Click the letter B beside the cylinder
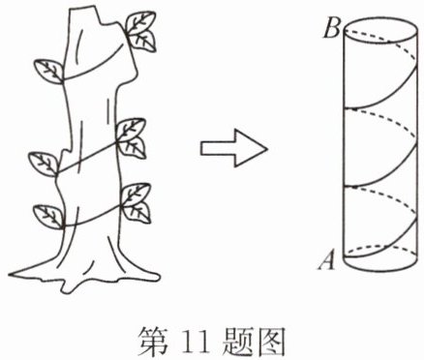point(332,29)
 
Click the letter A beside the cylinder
point(327,260)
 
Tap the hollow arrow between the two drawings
point(234,148)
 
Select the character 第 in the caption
point(154,342)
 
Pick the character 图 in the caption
point(271,342)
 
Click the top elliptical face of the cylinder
point(379,30)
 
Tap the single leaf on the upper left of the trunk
point(49,71)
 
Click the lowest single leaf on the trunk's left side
point(48,217)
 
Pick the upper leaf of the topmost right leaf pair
point(140,23)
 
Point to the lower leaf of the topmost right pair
point(142,41)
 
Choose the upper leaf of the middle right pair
point(131,131)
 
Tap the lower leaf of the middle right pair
point(133,148)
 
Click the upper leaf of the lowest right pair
point(136,195)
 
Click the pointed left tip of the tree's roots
point(9,275)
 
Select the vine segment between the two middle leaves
point(88,158)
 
